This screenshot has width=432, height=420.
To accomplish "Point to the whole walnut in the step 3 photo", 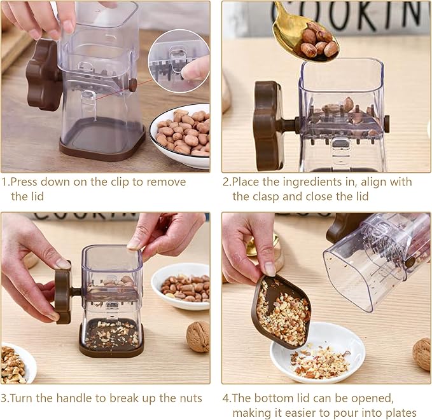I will pos(198,335).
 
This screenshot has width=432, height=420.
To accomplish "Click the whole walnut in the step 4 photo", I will pos(422,353).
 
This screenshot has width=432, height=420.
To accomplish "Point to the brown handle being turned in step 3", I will pos(63,295).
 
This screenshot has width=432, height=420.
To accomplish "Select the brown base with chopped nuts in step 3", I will pos(111,336).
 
